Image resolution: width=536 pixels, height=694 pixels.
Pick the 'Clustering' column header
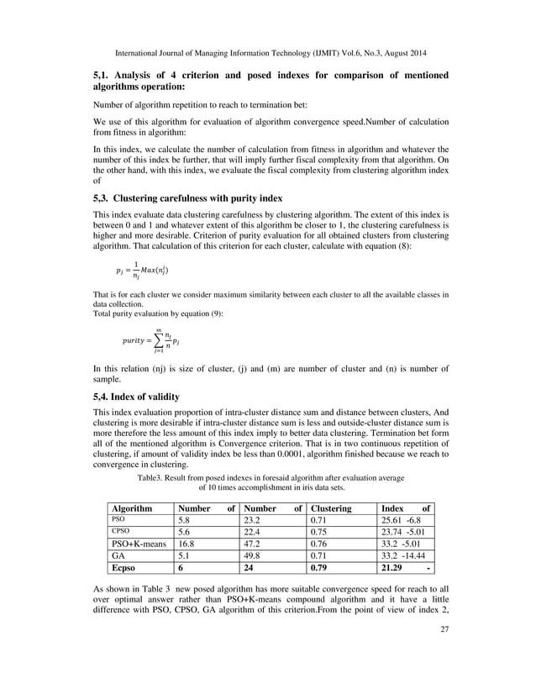pyautogui.click(x=331, y=508)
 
